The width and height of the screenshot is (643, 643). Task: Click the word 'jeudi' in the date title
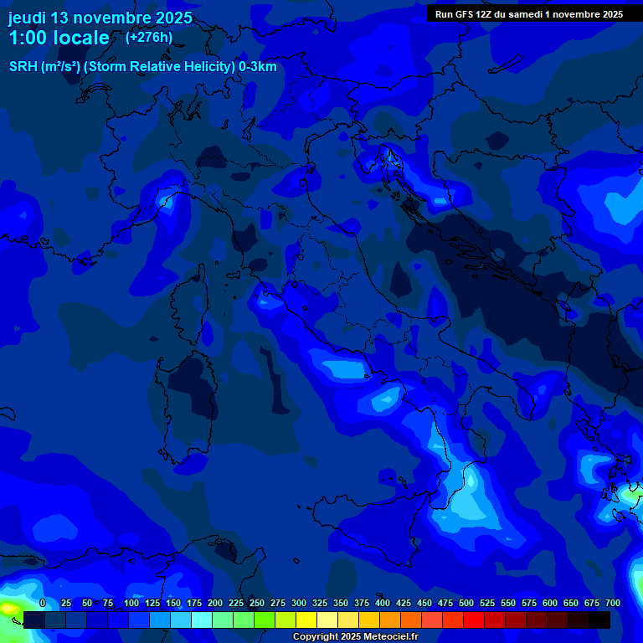[x=27, y=18]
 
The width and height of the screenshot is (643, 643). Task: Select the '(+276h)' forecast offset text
[x=148, y=37]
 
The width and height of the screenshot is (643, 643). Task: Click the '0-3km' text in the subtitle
[x=257, y=67]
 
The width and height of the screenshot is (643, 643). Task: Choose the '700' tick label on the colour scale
[x=612, y=603]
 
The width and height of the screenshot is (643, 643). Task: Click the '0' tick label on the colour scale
[x=43, y=603]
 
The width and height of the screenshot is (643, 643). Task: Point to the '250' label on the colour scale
[x=257, y=603]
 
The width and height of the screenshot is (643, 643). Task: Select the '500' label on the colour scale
[x=466, y=603]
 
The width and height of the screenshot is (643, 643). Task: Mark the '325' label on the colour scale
[x=320, y=603]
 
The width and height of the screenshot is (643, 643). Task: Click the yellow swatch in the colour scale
[x=306, y=620]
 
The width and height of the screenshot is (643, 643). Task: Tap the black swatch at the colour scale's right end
[x=599, y=620]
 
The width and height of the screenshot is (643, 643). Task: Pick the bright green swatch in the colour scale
[x=265, y=620]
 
